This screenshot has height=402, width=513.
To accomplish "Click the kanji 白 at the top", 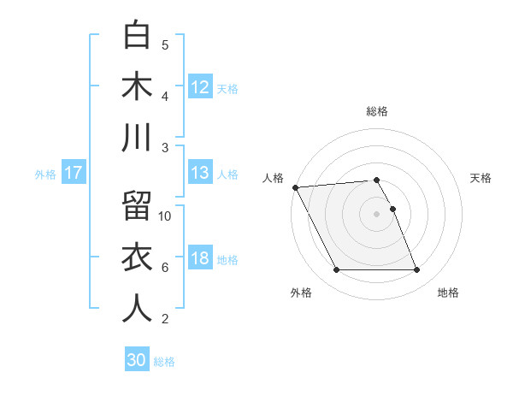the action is pos(138,36).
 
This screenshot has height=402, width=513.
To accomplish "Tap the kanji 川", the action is pos(138,138).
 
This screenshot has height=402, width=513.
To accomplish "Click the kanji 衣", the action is pos(138,257).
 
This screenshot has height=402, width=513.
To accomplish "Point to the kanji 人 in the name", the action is pos(138,309).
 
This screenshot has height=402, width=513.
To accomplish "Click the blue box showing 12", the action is pos(200,87).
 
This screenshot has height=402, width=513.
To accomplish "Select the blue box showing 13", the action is pos(200,173).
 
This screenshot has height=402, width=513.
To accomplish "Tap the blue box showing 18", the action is pos(200,258).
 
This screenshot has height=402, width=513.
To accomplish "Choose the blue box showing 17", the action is pos(74,173).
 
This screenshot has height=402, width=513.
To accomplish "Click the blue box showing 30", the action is pos(137,360).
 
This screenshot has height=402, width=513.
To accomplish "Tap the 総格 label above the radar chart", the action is pos(377,111).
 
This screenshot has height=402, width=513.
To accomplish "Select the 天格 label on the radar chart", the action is pos(481,178).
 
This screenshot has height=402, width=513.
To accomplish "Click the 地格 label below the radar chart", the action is pos(448,293).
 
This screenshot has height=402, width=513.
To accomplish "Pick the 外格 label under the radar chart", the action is pos(301,293).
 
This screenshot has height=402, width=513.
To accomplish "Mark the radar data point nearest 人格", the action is pos(295,186).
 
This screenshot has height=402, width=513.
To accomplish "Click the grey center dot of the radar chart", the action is pos(377,214).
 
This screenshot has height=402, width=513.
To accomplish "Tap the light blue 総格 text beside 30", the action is pos(164,362).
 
